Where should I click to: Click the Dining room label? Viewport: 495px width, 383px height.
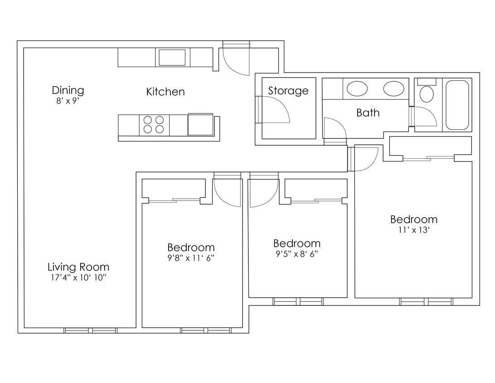(68, 90)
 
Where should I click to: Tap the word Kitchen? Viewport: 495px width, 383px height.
(165, 92)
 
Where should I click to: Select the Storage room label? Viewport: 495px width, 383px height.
(288, 90)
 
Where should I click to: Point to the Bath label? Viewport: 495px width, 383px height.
(368, 113)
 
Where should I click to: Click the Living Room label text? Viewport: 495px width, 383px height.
(78, 267)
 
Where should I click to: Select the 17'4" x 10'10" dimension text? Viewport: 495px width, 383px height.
(78, 278)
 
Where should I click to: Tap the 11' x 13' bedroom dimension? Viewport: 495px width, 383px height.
(414, 230)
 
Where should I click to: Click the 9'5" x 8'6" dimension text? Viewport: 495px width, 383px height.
(297, 254)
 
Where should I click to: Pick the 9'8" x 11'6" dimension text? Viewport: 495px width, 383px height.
(191, 258)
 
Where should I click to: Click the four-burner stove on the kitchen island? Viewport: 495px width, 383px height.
(154, 125)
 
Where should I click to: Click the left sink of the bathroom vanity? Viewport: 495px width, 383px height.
(357, 88)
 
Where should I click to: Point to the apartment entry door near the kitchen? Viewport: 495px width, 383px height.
(235, 59)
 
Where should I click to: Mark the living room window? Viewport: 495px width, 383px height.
(91, 330)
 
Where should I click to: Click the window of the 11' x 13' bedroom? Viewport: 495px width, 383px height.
(426, 301)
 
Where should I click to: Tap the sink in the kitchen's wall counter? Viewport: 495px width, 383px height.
(171, 58)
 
